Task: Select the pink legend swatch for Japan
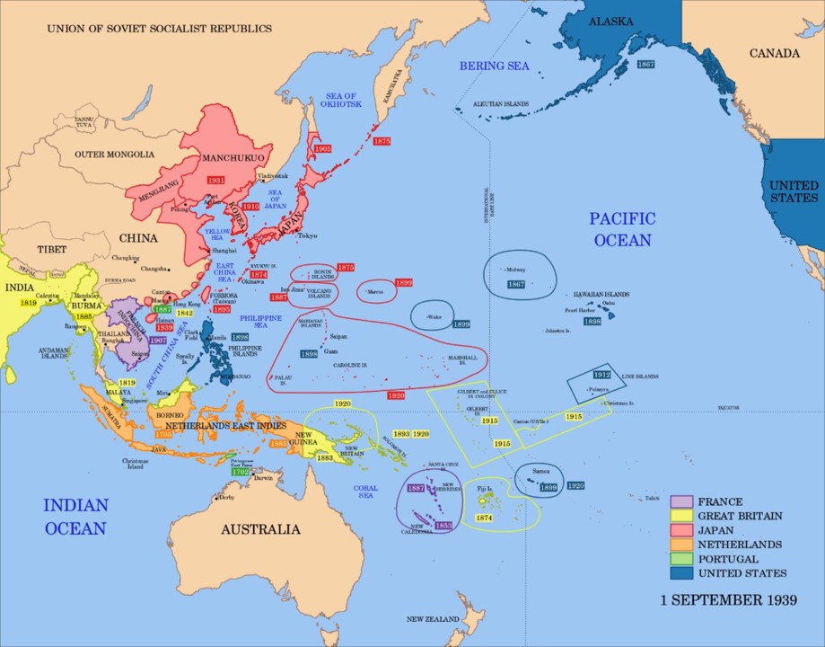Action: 680,530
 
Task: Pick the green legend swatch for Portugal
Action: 680,559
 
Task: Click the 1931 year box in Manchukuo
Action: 215,181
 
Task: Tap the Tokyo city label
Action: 307,236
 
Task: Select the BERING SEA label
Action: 495,66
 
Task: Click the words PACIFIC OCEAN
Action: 622,229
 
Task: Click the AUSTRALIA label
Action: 260,529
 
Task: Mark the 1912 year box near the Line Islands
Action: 602,375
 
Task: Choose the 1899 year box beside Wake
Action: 461,324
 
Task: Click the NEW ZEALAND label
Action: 433,619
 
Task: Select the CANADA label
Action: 774,53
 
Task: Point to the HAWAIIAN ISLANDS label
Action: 601,294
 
